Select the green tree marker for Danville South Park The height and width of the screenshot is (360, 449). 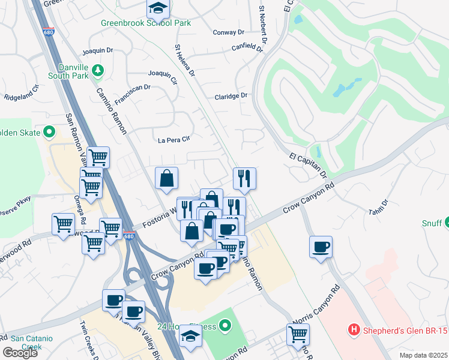[97, 71]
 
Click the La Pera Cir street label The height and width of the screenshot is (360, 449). [173, 140]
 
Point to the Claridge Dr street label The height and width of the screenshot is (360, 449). [231, 96]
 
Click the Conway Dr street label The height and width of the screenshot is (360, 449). [228, 32]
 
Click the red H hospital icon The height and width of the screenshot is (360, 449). [354, 329]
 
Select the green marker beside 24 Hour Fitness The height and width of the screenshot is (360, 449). [225, 326]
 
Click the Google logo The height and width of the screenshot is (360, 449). [20, 353]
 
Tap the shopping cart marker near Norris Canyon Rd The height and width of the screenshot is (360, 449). [298, 334]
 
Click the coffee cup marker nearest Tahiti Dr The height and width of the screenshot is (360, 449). [321, 246]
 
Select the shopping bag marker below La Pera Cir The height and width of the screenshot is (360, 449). [166, 178]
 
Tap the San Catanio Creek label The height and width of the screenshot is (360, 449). [26, 342]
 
